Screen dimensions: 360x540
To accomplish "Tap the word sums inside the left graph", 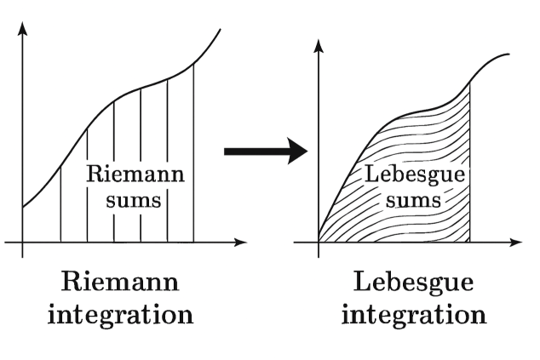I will click(x=135, y=202).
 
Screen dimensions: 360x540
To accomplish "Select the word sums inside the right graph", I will click(x=414, y=201).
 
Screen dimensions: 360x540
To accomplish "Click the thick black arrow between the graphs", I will click(x=265, y=152).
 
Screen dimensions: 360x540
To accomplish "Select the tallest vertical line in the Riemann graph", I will click(x=193, y=153).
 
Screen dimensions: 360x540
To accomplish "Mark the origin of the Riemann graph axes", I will click(x=23, y=243).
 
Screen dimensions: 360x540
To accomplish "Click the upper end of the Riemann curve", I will click(x=221, y=30).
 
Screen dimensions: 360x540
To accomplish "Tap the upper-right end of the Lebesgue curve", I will click(x=508, y=54).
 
